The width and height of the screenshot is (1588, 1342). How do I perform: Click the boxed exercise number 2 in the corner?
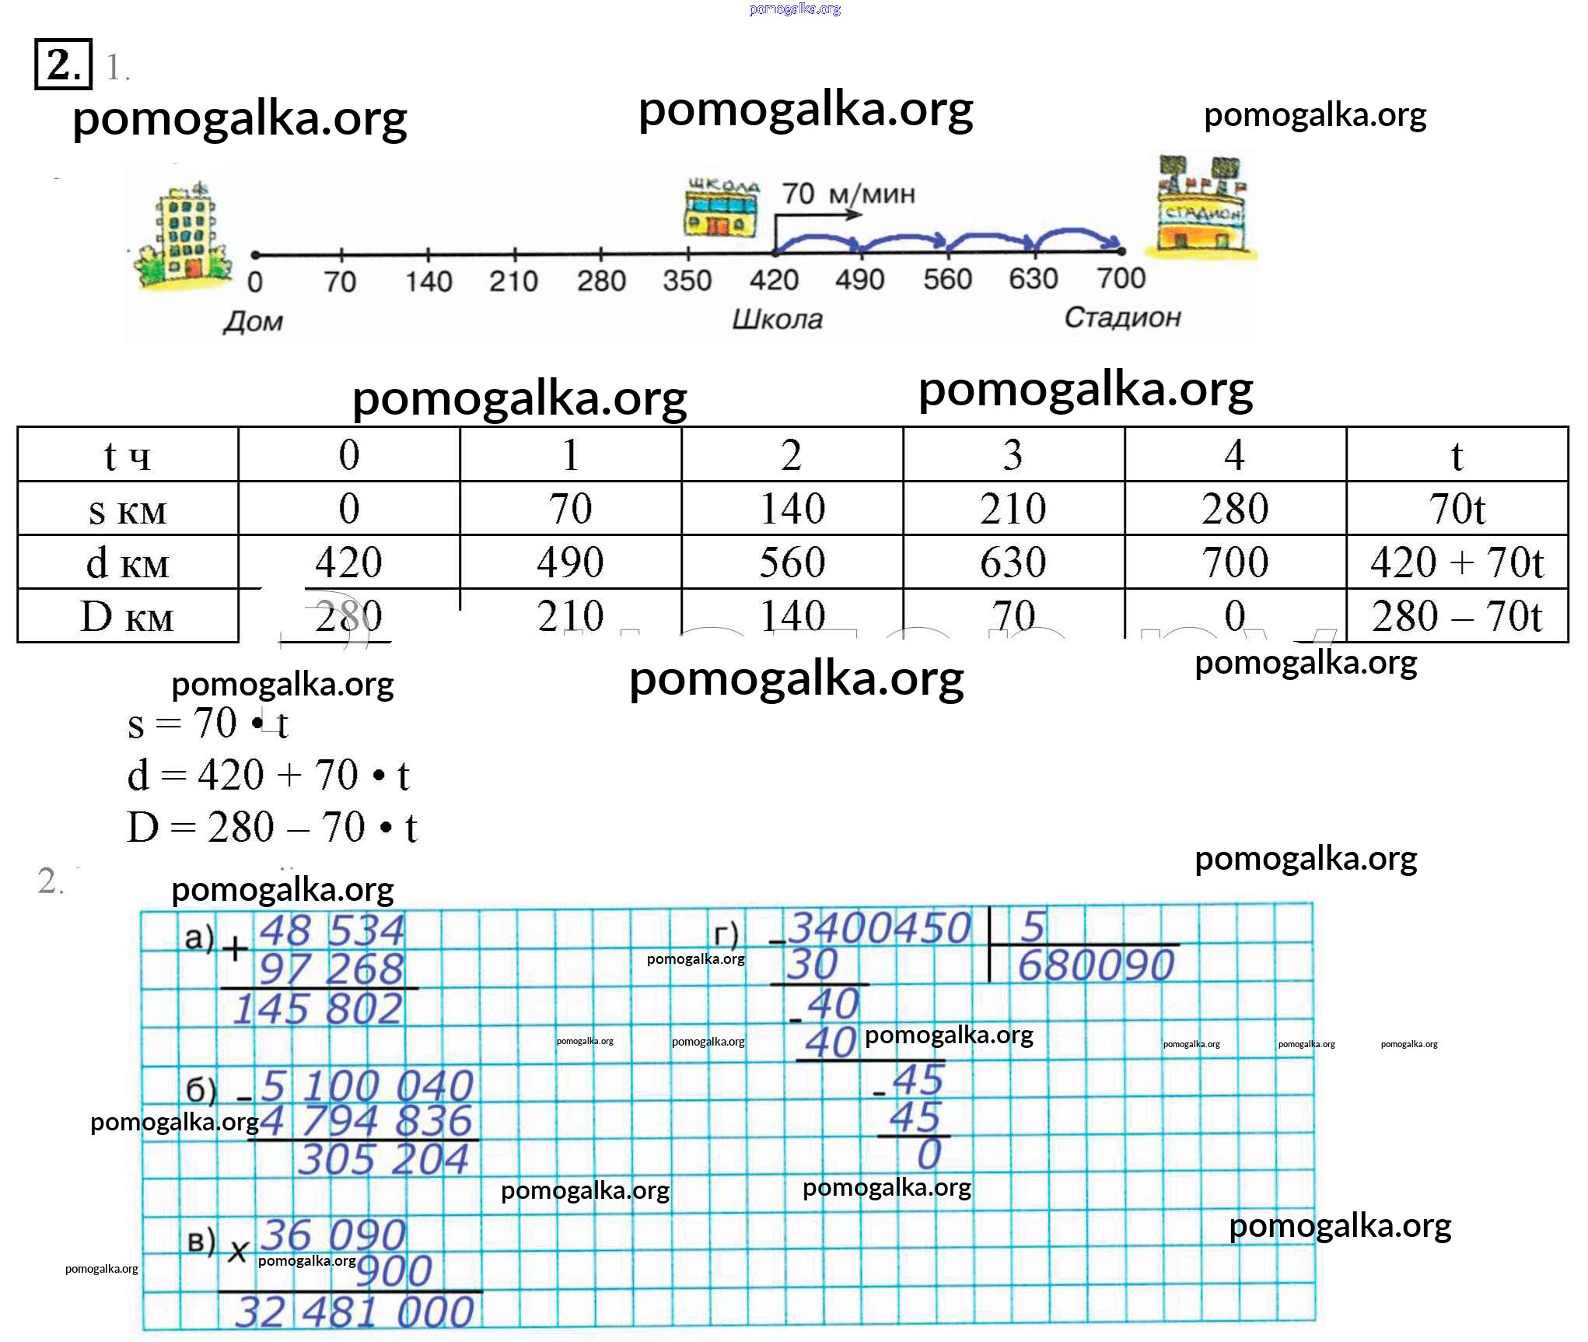pos(63,65)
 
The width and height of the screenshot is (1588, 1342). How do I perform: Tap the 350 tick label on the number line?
pos(687,281)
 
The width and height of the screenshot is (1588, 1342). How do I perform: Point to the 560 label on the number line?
pos(947,279)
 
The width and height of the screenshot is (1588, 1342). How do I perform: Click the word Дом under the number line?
pos(253,321)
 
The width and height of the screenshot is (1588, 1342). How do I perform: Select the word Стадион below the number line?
pos(1122,317)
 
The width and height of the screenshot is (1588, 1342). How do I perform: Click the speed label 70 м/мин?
pos(848,194)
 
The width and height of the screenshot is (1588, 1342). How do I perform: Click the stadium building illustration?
pos(1201,206)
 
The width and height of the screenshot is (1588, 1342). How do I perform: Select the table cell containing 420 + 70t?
pos(1456,562)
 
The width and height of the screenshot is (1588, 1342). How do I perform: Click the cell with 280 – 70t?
pos(1456,616)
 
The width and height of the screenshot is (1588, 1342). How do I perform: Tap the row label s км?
pos(128,510)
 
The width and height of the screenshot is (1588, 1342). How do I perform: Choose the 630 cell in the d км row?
pos(1013,562)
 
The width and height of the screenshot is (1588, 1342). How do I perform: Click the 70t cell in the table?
pos(1456,509)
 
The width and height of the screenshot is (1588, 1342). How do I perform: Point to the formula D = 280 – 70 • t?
pos(272,828)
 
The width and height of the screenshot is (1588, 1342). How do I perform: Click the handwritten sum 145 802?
pos(318,1010)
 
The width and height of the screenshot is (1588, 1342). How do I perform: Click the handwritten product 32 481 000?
pos(354,1312)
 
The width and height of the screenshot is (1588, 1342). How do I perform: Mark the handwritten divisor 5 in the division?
pos(1033,927)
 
